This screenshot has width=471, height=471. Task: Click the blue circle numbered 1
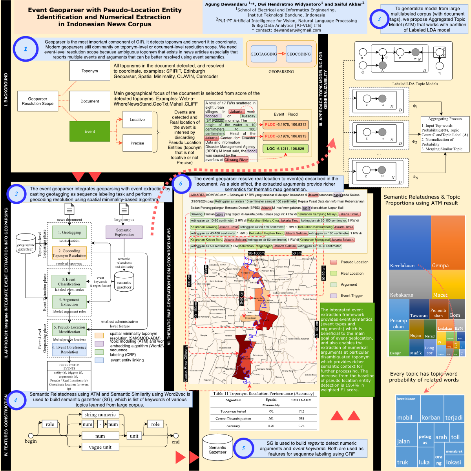pyautogui.click(x=26, y=49)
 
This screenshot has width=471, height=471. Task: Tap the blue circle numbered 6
pyautogui.click(x=181, y=183)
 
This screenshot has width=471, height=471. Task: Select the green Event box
pyautogui.click(x=89, y=131)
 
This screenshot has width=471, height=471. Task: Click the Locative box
pyautogui.click(x=137, y=120)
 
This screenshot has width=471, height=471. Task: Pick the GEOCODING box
pyautogui.click(x=298, y=54)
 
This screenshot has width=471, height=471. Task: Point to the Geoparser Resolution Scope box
pyautogui.click(x=38, y=101)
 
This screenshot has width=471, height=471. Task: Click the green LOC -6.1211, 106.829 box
pyautogui.click(x=285, y=149)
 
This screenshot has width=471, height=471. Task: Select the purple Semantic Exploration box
pyautogui.click(x=124, y=232)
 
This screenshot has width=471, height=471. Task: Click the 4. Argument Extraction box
pyautogui.click(x=69, y=302)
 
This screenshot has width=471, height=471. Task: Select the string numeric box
pyautogui.click(x=100, y=414)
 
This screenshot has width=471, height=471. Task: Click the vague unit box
pyautogui.click(x=100, y=447)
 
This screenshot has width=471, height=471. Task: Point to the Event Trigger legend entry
pyautogui.click(x=351, y=296)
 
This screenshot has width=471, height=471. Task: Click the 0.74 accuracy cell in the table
pyautogui.click(x=301, y=426)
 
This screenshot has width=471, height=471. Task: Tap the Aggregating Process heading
pyautogui.click(x=445, y=119)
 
